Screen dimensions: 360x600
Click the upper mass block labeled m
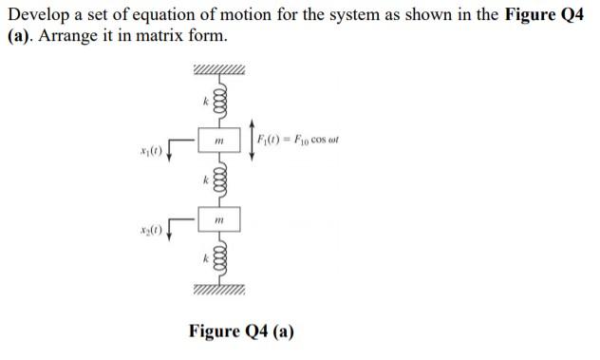pos(219,142)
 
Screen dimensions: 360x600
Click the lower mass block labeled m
pos(219,220)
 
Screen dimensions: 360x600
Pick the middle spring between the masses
pos(219,180)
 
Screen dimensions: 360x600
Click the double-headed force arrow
pos(252,141)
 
